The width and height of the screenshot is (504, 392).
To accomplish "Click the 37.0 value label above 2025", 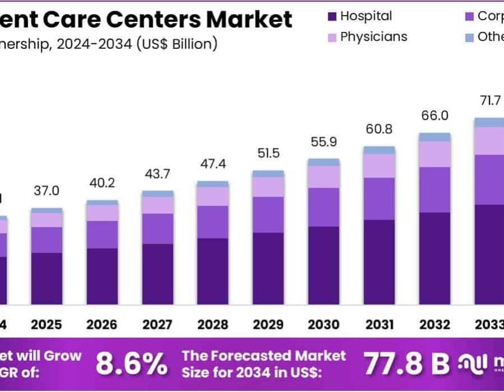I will click(46, 191).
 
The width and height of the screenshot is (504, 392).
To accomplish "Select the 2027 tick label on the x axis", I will click(157, 325).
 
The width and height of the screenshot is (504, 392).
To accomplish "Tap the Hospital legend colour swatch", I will click(332, 17).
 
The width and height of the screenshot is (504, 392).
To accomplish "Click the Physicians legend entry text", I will click(374, 37).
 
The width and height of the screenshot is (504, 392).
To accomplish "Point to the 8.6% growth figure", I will click(131, 364).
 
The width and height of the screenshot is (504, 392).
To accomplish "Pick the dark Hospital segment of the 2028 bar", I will click(212, 271).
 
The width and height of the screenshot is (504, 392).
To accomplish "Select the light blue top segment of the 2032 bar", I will click(434, 137).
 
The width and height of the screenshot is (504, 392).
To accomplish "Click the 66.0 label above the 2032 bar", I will click(435, 116).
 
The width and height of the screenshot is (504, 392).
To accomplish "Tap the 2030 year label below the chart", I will click(323, 325).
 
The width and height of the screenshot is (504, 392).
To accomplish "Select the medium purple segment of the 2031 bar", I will click(379, 198).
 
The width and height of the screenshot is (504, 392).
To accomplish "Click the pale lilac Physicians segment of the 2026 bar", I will click(102, 213).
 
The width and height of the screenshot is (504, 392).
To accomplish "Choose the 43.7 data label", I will click(157, 174).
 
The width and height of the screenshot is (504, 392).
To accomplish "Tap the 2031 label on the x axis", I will click(379, 325).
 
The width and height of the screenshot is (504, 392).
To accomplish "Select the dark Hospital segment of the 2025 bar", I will click(46, 278).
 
